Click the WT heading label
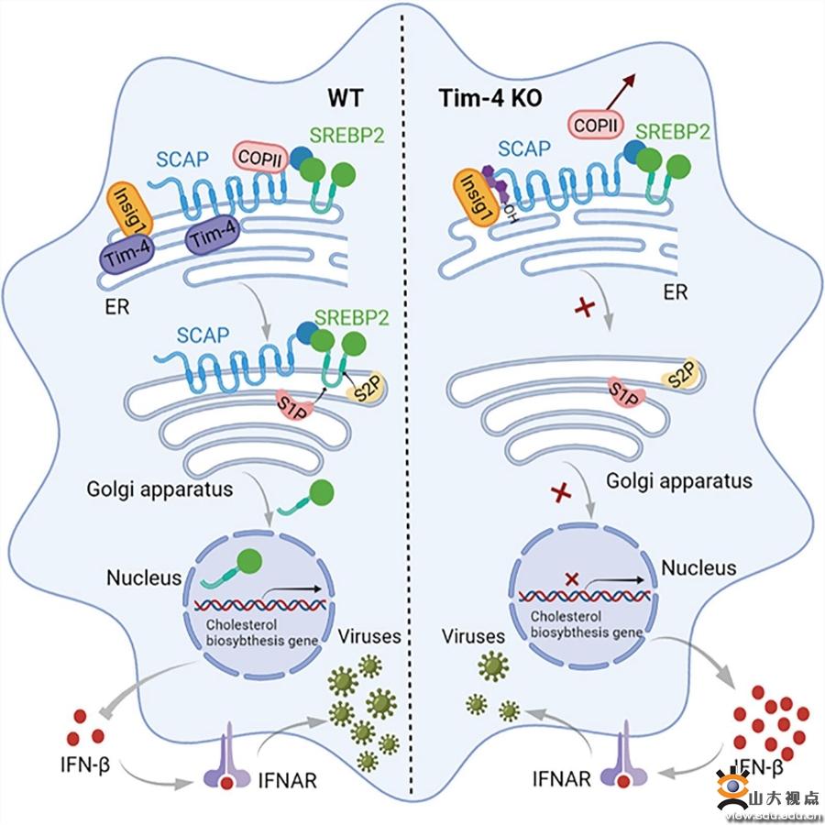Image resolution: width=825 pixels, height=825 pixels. pos(346,96)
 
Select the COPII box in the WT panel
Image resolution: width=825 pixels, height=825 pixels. pos(262,158)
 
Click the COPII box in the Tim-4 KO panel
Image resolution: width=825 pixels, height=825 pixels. pos(595,120)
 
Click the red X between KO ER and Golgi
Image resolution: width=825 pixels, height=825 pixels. pos(581,309)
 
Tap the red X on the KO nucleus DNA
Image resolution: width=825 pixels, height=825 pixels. pos(572,578)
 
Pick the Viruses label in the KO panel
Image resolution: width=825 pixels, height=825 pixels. pos(473,635)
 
